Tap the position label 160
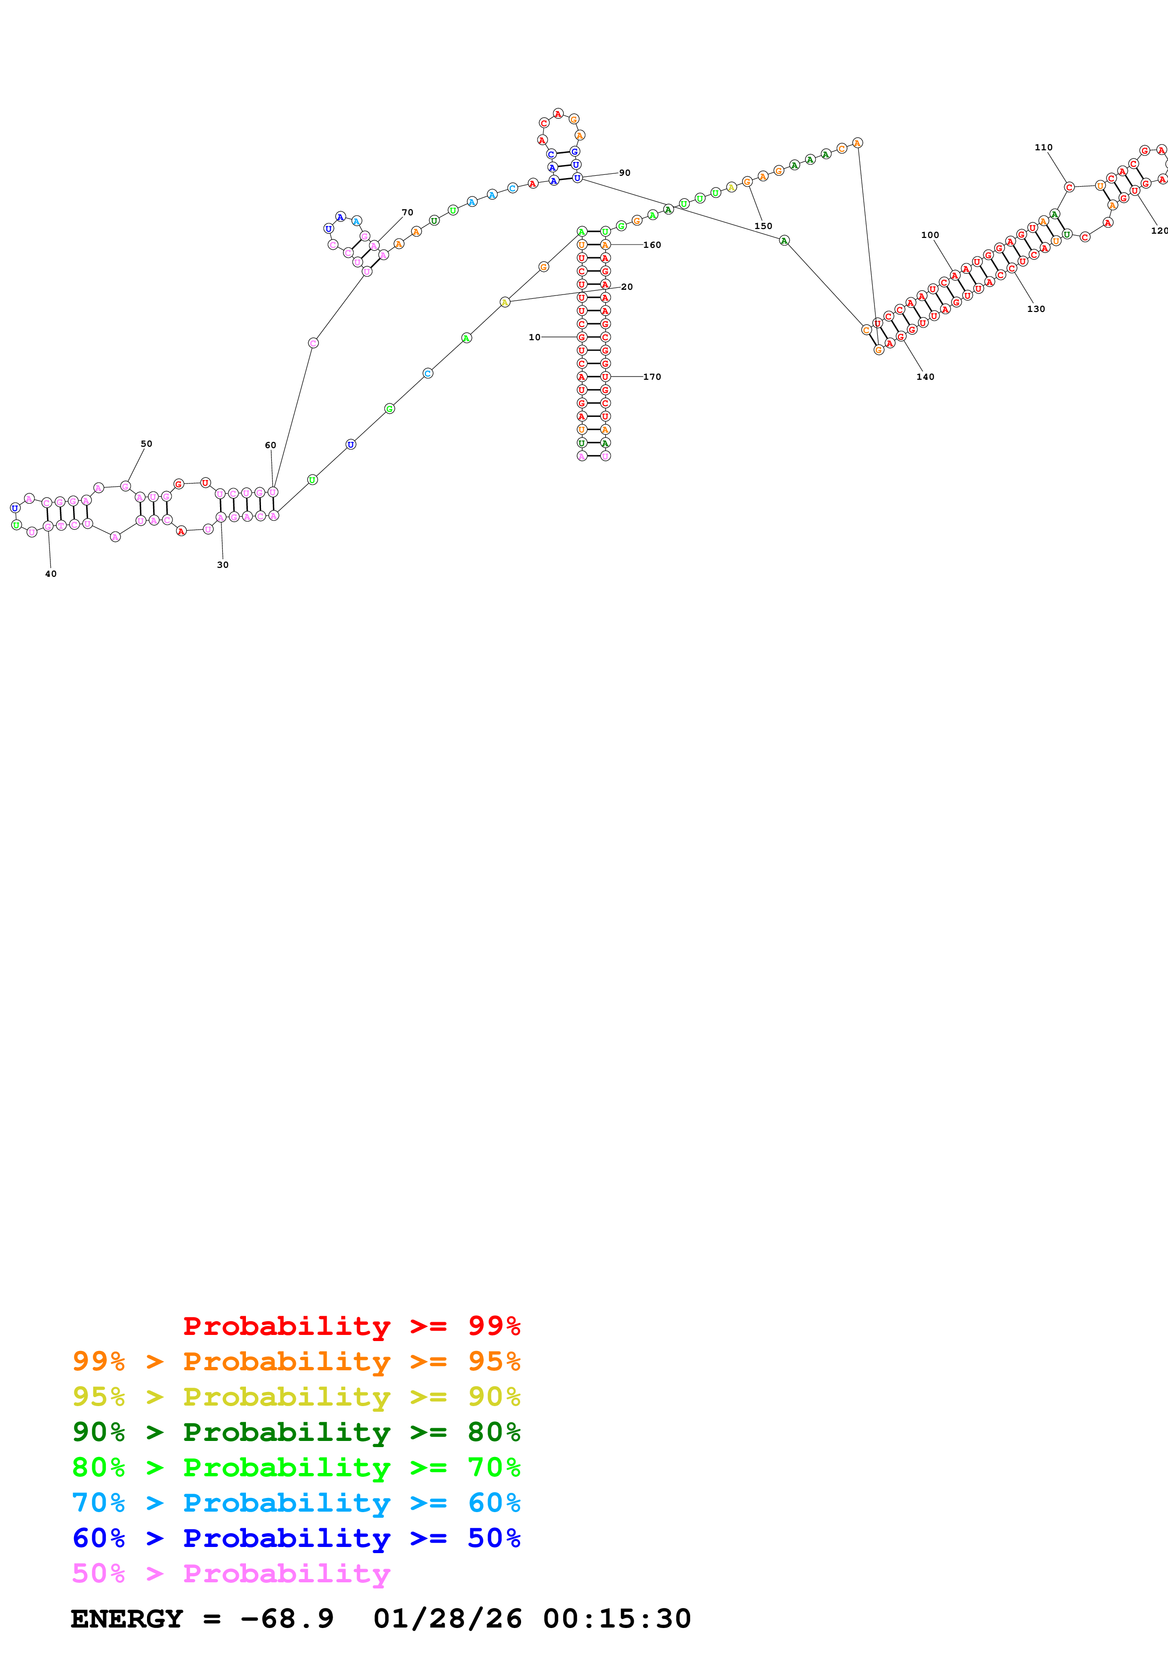pyautogui.click(x=652, y=245)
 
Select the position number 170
pyautogui.click(x=652, y=376)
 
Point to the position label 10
pyautogui.click(x=534, y=337)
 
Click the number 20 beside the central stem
pyautogui.click(x=627, y=286)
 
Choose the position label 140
pyautogui.click(x=925, y=376)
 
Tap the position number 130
pyautogui.click(x=1036, y=309)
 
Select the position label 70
pyautogui.click(x=408, y=213)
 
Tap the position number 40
pyautogui.click(x=50, y=574)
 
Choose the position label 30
pyautogui.click(x=222, y=565)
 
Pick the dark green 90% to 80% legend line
pyautogui.click(x=296, y=1432)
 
